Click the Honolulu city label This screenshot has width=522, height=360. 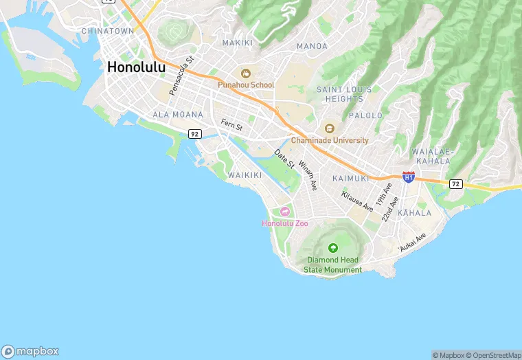point(136,67)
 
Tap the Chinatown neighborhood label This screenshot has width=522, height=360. point(107,32)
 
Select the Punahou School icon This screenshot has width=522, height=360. point(246,73)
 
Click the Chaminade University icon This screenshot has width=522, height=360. point(330,128)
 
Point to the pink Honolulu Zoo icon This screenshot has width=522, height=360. point(284,211)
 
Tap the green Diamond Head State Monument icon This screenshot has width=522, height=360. point(333,248)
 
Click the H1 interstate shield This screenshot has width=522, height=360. point(409,177)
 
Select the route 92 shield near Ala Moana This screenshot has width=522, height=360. point(195,133)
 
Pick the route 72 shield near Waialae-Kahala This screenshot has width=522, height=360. point(455,184)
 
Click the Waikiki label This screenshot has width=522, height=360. point(245,175)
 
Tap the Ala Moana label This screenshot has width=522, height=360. point(178,115)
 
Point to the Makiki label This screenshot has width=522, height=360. point(238,43)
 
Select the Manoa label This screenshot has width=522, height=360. point(312,46)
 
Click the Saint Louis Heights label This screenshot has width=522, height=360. point(344,94)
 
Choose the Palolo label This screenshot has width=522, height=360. point(365,115)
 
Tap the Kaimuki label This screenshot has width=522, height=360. point(351,178)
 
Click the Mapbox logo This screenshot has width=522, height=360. point(30,350)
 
